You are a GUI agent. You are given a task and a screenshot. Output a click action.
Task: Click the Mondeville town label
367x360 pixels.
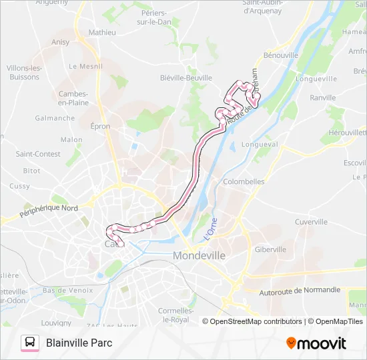point(200,255)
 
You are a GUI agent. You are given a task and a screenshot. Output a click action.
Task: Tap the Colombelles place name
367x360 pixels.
point(244,181)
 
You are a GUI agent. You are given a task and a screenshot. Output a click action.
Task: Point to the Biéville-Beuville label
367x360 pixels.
point(186,77)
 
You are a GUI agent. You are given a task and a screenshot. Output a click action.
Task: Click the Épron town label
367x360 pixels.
point(101,126)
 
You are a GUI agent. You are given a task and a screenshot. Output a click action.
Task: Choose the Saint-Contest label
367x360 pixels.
point(38,154)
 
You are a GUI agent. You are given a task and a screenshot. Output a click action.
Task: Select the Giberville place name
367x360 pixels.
point(270,249)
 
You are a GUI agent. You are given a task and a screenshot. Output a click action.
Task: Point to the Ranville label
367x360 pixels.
point(323,97)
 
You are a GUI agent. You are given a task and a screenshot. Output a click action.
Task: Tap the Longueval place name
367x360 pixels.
point(259,144)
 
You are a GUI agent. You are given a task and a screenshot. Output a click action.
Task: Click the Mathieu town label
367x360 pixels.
point(102,32)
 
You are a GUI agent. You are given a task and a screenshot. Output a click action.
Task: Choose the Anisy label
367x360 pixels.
point(60,42)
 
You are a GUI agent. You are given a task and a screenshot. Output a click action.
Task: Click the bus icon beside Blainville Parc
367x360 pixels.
point(30,343)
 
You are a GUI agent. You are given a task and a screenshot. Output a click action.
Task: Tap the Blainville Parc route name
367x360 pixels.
point(79,343)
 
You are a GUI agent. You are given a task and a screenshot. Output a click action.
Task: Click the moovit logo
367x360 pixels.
point(316,343)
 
